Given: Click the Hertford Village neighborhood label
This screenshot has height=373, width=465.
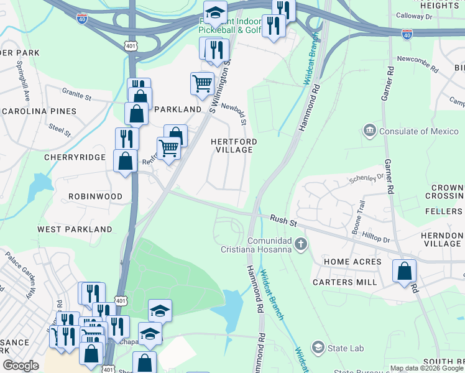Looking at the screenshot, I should pos(234,146).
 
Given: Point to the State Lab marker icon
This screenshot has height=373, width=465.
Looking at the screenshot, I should pos(318,347).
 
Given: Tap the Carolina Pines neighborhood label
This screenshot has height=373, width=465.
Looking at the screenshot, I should pos(39,111).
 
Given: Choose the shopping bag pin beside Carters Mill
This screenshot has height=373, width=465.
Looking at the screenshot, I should pos(404,271).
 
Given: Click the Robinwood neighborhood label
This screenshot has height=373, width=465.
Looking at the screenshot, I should pos(95,196).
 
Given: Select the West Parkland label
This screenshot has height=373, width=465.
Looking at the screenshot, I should pos(75,229).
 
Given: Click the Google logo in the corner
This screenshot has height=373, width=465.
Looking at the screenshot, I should pos(21,366).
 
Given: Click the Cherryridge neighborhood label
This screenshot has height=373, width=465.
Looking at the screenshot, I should pos(75,157).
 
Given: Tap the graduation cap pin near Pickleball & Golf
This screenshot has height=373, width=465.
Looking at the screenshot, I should pos(215,12).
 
